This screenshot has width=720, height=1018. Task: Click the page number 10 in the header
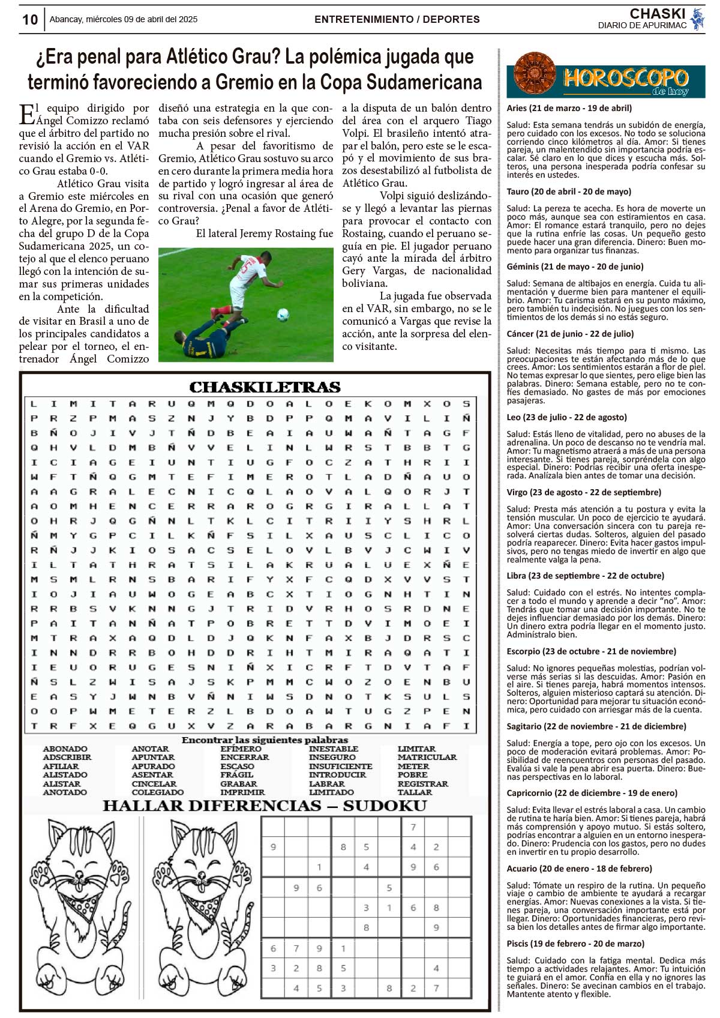tap(30, 20)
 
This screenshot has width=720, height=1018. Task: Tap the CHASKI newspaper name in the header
tap(657, 14)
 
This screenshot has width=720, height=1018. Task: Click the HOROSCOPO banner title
tap(625, 77)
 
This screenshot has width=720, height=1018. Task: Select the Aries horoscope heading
tap(569, 108)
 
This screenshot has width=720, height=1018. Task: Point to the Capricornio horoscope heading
tap(592, 793)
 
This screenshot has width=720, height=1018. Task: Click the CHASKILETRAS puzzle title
tap(265, 387)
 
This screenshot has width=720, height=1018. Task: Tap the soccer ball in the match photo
tap(283, 314)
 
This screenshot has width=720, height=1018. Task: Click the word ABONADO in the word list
tap(65, 749)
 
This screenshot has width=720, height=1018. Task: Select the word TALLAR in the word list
tap(415, 792)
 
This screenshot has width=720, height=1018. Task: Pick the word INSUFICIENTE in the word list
tap(340, 767)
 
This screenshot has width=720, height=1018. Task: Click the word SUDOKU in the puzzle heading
tap(385, 806)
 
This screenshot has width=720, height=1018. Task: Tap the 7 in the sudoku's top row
tap(413, 828)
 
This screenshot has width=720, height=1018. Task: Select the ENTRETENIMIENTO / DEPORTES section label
tap(397, 19)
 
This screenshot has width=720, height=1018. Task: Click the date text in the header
tap(123, 19)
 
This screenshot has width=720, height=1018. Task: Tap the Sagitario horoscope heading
tap(596, 726)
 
